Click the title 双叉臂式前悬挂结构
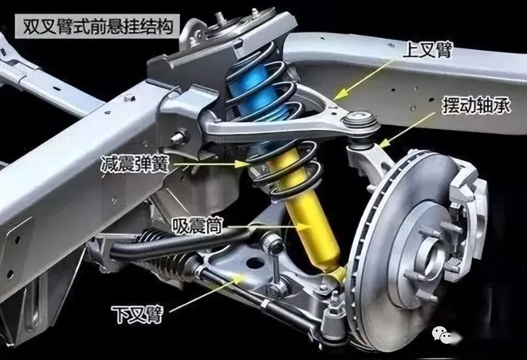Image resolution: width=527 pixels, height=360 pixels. pyautogui.click(x=98, y=26)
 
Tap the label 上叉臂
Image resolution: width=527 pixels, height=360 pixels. pyautogui.click(x=428, y=49)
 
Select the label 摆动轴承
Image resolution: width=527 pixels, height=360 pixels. pyautogui.click(x=476, y=105)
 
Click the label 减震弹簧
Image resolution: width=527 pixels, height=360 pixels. pyautogui.click(x=135, y=164)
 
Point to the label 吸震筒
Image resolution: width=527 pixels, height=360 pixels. pyautogui.click(x=198, y=225)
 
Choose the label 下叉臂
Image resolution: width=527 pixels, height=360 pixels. pyautogui.click(x=138, y=314)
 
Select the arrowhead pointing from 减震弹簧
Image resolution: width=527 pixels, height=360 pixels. pyautogui.click(x=242, y=164)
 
